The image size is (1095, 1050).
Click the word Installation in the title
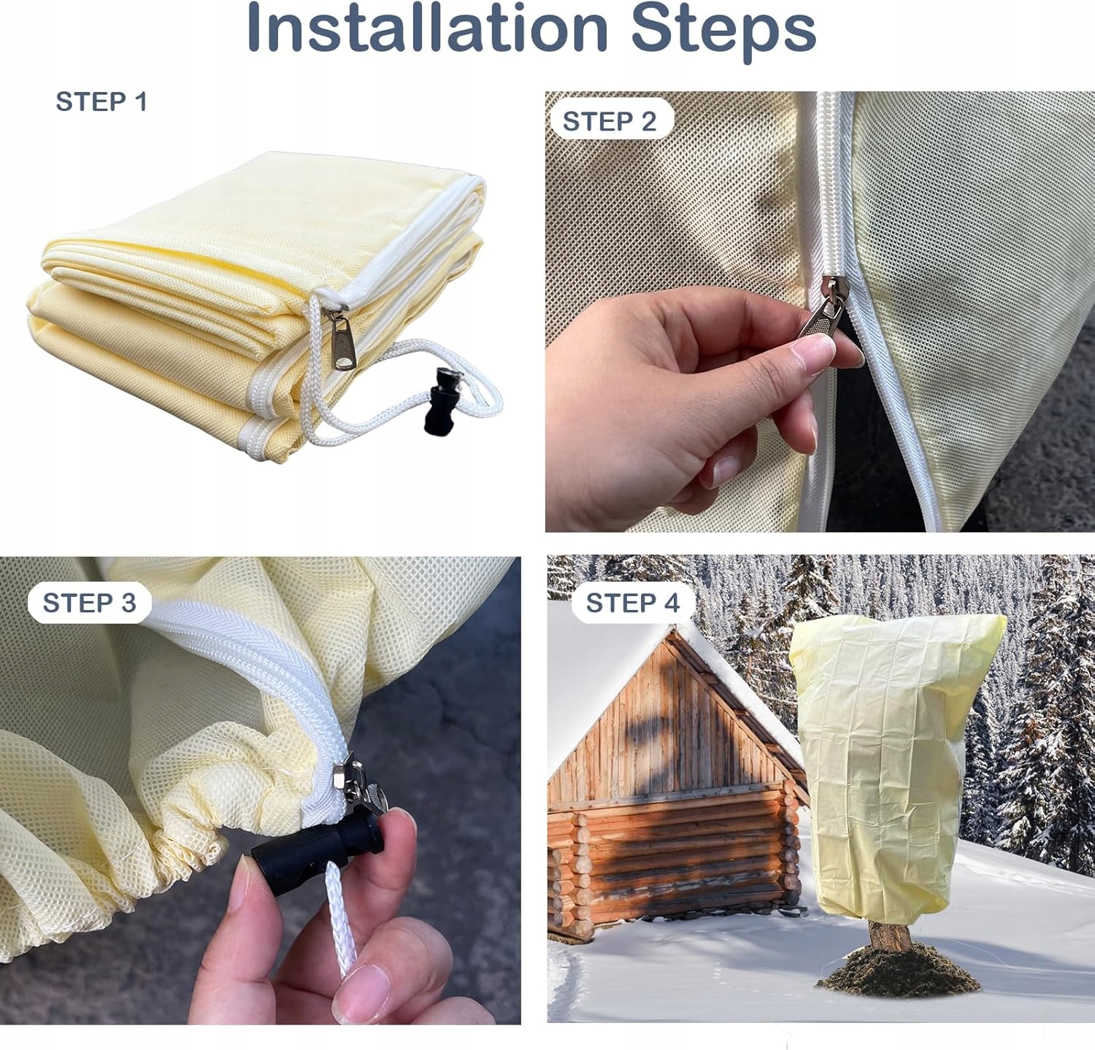[x=428, y=29]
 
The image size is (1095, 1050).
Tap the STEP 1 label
[x=101, y=101]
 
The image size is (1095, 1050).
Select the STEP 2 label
[x=610, y=121]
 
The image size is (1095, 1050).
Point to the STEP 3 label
[x=89, y=603]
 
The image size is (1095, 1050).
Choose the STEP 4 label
[x=632, y=603]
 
